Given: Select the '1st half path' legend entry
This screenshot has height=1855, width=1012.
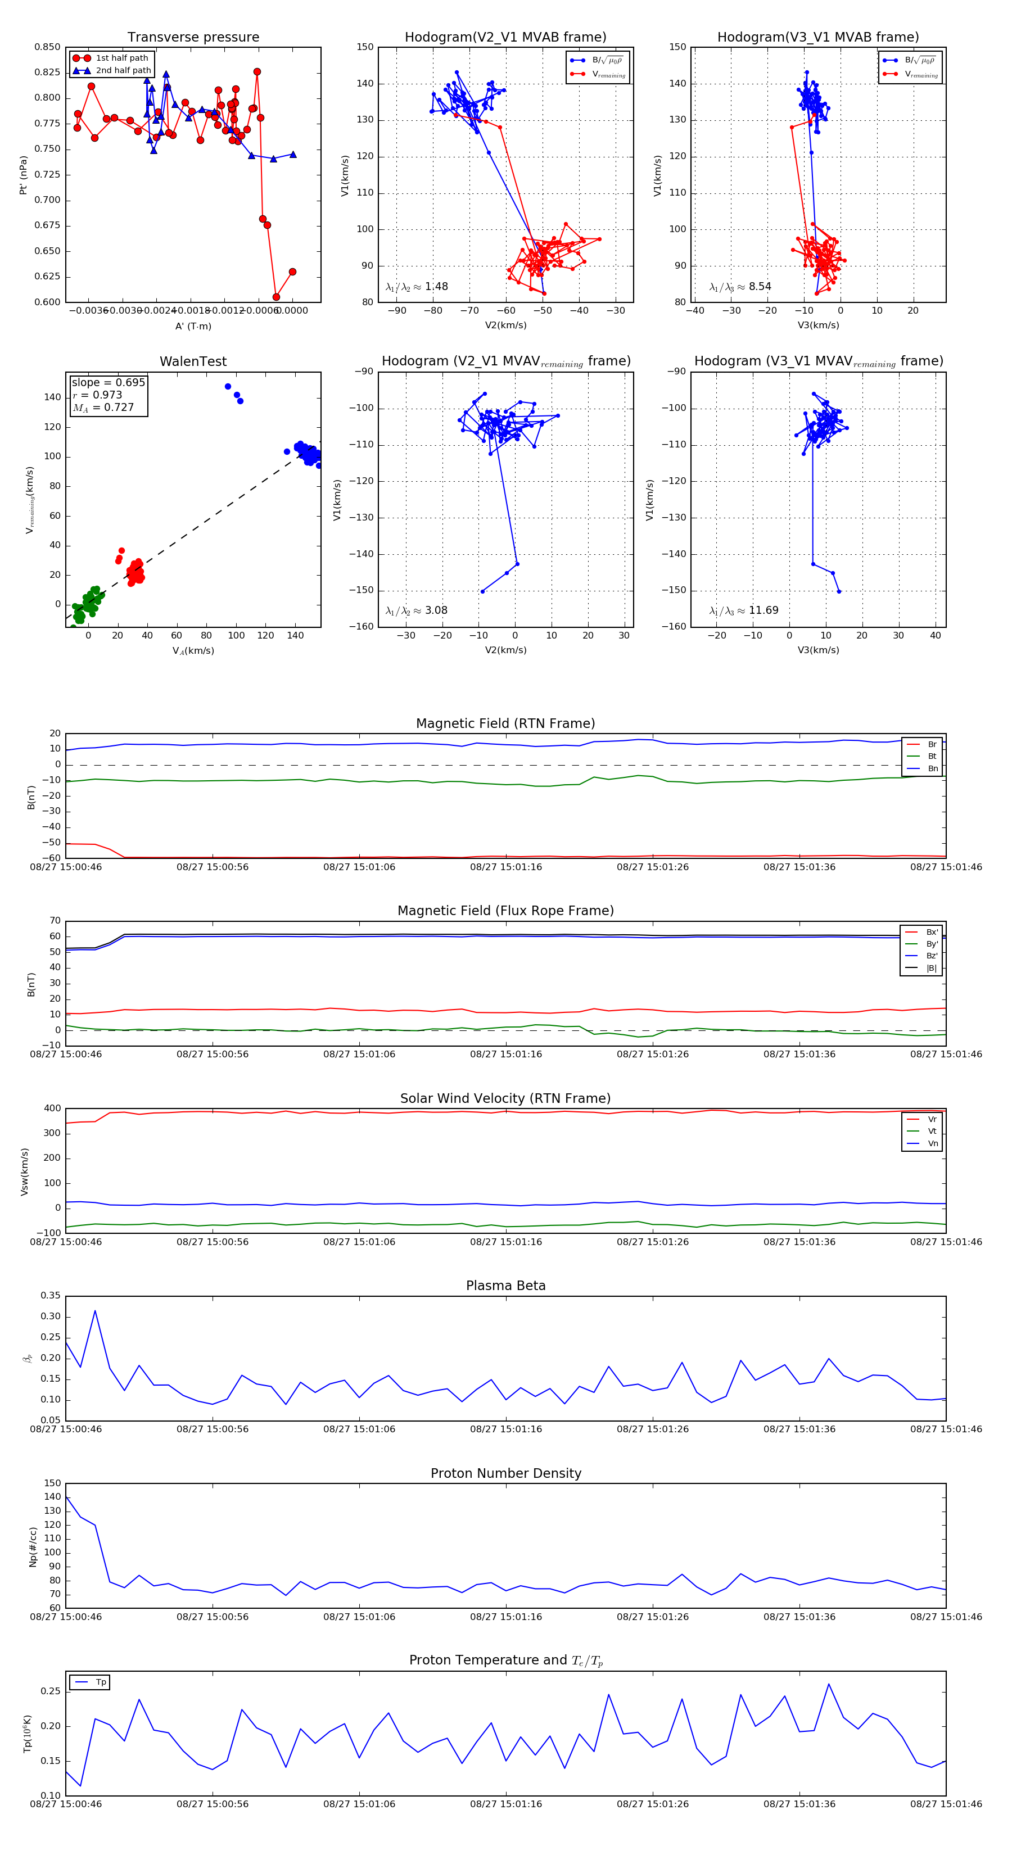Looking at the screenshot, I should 121,57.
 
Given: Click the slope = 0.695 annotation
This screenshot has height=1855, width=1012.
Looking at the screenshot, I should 108,382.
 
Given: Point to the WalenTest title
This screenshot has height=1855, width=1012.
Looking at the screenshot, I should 193,361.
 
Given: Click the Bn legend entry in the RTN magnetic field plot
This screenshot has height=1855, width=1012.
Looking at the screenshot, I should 932,768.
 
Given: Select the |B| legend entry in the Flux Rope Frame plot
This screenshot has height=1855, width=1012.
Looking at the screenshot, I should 930,968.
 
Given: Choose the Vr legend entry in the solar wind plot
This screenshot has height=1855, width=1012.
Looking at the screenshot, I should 932,1119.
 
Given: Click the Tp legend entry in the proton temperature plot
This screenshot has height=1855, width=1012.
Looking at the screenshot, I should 100,1682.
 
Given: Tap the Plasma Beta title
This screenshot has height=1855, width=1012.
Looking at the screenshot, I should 505,1286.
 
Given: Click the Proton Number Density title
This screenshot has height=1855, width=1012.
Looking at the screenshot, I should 505,1473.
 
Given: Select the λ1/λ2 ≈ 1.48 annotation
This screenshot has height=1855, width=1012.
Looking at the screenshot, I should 416,287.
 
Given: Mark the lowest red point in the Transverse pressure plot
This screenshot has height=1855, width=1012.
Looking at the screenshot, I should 276,297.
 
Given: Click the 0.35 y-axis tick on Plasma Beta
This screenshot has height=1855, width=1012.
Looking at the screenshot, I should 51,1296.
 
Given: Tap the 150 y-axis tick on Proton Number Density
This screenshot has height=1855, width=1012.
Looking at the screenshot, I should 53,1483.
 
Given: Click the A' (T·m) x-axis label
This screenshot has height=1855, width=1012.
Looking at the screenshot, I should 193,326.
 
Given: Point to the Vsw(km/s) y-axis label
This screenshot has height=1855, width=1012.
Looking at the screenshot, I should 25,1171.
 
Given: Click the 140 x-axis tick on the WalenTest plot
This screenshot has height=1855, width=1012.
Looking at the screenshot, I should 295,636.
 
